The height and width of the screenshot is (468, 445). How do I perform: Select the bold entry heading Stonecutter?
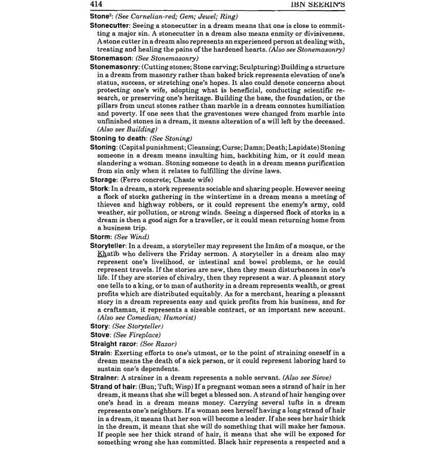tap(112, 27)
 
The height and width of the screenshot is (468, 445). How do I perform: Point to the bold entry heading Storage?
tap(104, 179)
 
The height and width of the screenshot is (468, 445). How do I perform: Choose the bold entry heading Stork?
tap(99, 188)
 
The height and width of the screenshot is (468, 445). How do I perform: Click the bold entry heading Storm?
tap(100, 236)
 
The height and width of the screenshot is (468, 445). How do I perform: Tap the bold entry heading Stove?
tap(100, 334)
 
